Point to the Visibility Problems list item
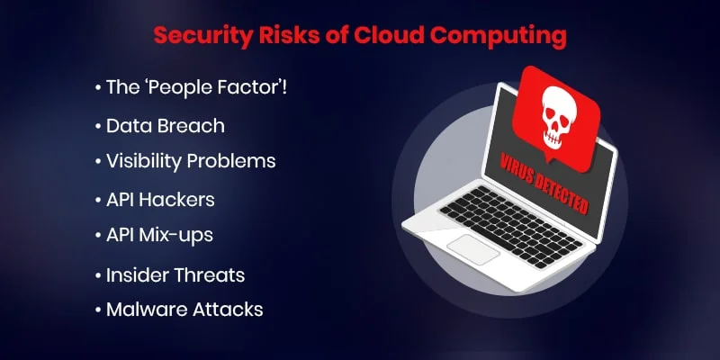[x=190, y=161]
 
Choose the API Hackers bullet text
[x=160, y=199]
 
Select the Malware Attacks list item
[x=184, y=309]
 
